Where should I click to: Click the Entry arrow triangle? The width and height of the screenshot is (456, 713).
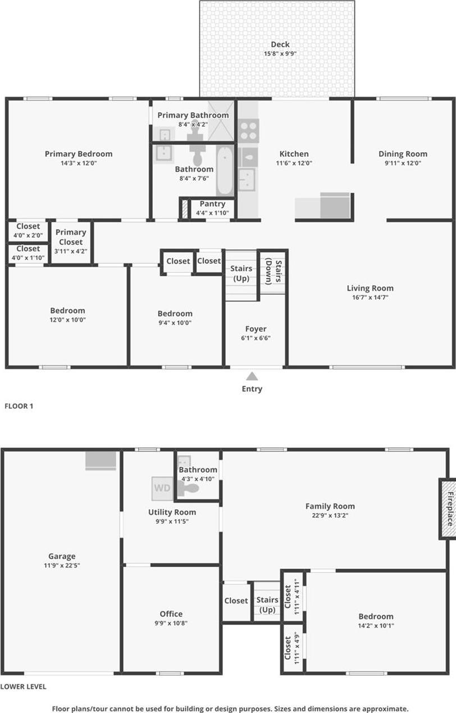click(252, 376)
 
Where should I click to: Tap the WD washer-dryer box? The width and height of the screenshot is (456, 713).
click(162, 488)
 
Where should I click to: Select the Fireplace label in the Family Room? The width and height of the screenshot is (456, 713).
click(449, 509)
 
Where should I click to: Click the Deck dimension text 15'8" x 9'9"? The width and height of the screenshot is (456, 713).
click(280, 54)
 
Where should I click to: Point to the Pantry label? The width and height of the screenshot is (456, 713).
click(212, 204)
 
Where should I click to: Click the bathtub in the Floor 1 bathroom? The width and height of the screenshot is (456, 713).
click(225, 170)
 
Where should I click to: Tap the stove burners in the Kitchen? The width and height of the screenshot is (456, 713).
click(248, 131)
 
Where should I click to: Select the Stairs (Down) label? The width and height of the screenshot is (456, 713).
click(272, 272)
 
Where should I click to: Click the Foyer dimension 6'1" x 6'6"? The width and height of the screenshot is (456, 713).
click(256, 338)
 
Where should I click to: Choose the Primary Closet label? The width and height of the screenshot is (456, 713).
click(71, 237)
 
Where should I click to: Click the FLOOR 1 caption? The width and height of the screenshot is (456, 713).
click(19, 405)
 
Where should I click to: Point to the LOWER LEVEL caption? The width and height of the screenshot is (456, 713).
click(23, 686)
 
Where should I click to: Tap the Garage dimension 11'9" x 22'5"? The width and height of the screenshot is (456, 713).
click(62, 565)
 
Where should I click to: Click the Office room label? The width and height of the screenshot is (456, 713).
click(171, 614)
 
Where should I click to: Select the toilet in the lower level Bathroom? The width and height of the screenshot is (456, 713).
click(190, 488)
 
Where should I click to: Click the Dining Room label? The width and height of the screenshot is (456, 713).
click(403, 154)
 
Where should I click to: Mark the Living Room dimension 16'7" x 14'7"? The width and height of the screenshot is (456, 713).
click(370, 298)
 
